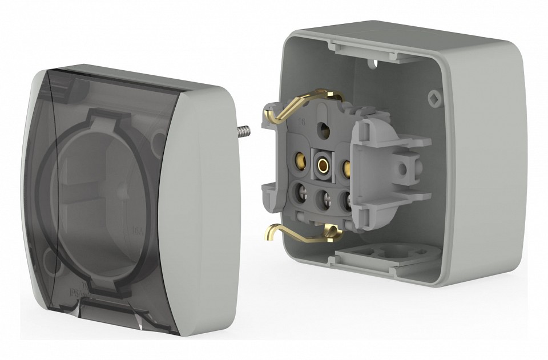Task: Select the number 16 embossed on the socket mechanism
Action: [x=301, y=122]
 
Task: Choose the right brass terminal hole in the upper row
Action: [x=345, y=168]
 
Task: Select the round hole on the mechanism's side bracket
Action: [x=403, y=169]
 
